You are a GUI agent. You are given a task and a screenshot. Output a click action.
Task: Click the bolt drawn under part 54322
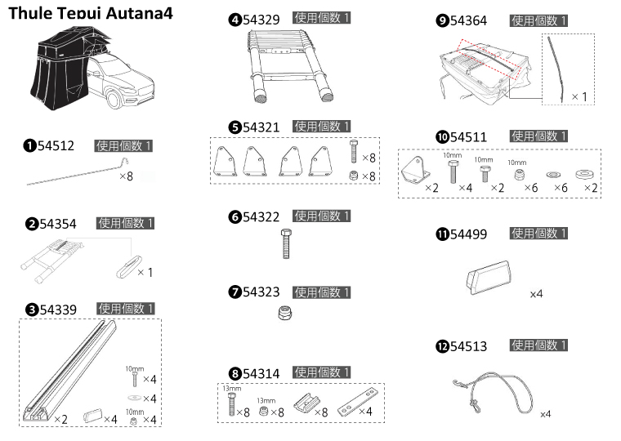285,243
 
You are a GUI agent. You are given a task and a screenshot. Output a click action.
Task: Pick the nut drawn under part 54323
285,313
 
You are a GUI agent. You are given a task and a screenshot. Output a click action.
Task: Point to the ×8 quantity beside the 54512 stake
127,176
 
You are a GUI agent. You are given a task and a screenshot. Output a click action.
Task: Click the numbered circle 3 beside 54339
31,309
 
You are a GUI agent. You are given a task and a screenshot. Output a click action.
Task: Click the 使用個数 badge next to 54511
538,136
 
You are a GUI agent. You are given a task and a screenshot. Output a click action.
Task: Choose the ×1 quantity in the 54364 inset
579,96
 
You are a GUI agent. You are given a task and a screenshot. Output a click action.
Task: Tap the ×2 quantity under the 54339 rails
60,419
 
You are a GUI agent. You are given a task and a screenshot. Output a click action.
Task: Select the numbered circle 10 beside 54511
441,136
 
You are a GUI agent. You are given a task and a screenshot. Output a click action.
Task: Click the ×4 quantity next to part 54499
537,292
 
